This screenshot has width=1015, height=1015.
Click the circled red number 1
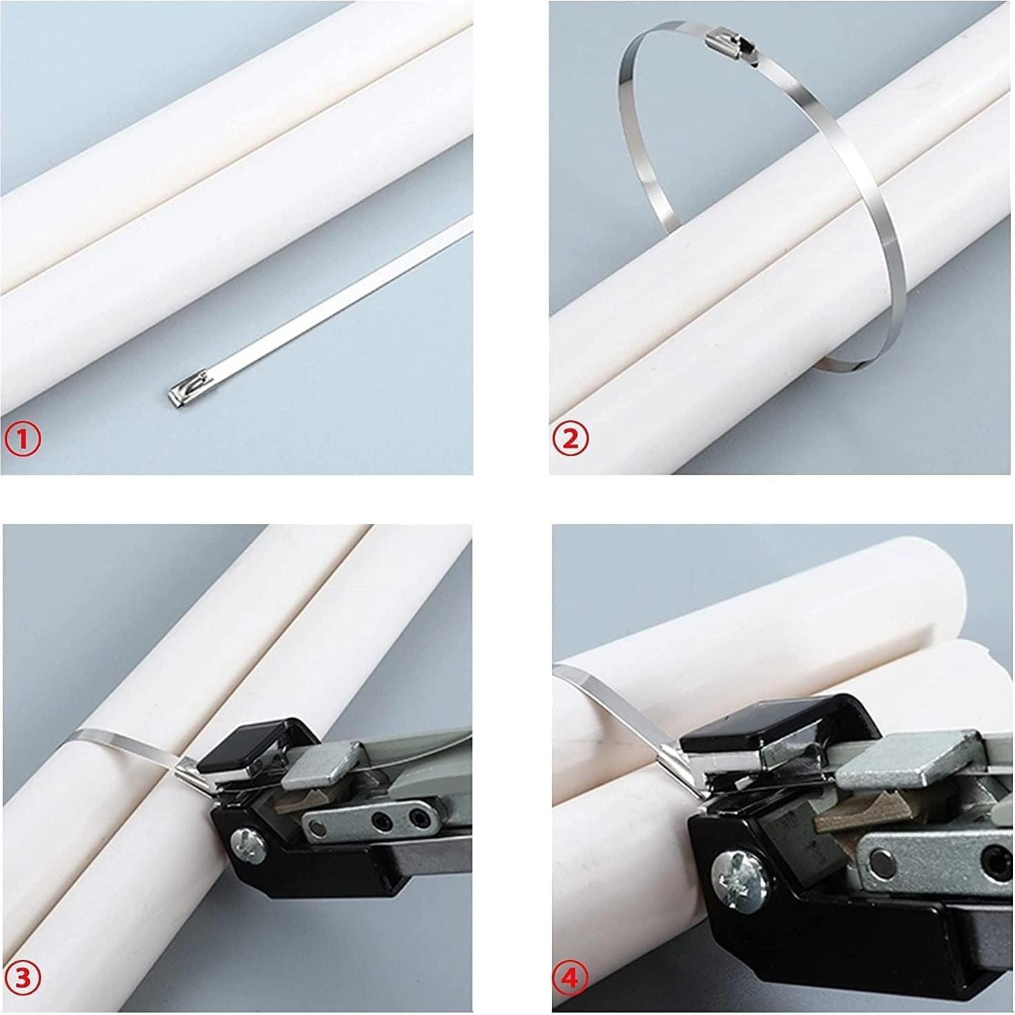(23, 438)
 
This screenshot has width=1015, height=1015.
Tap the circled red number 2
(570, 438)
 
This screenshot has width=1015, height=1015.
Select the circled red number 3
(23, 977)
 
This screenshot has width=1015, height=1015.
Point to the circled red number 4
(570, 977)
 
